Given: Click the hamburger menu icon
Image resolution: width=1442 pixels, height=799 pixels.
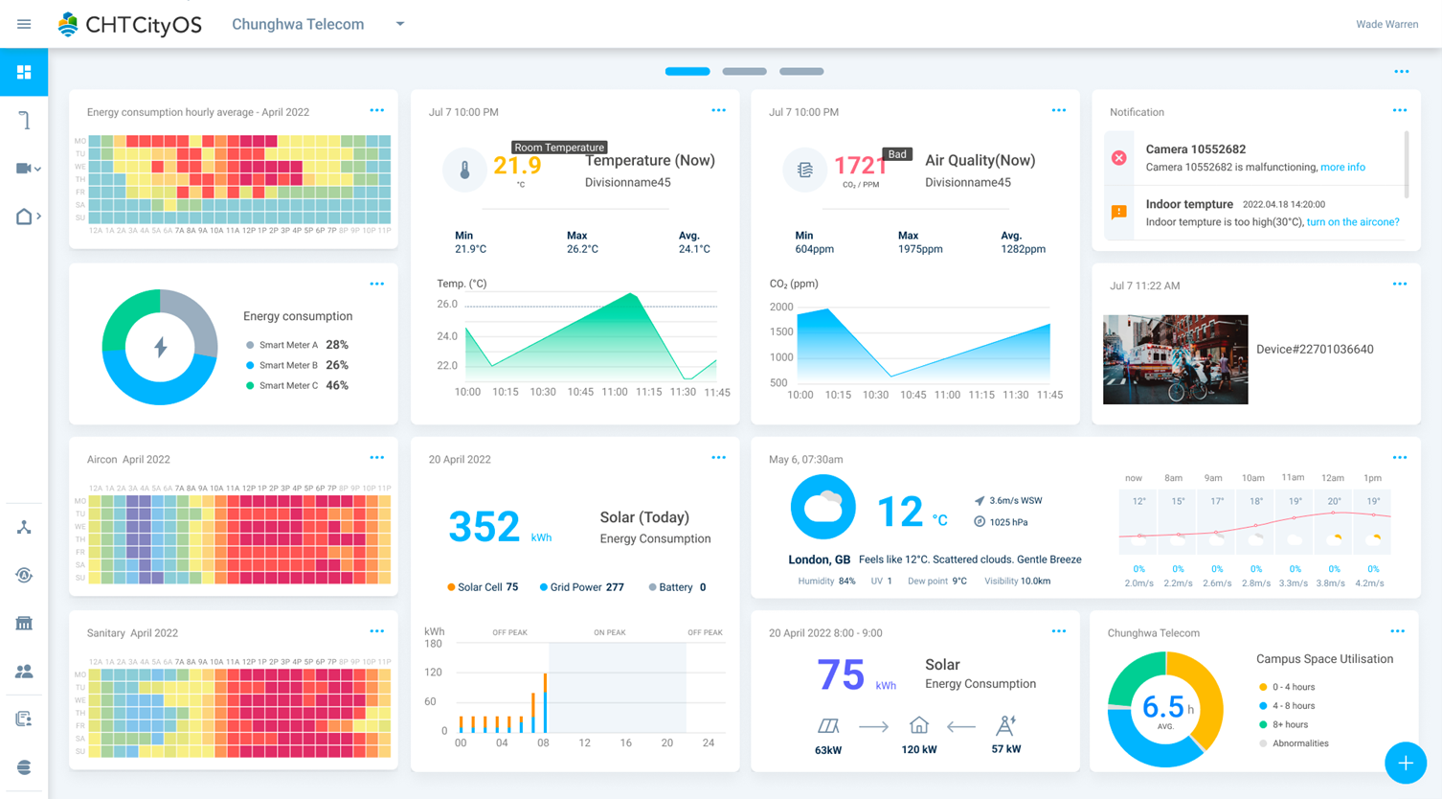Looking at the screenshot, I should [24, 24].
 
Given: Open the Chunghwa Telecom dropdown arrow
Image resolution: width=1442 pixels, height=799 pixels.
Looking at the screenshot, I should [400, 24].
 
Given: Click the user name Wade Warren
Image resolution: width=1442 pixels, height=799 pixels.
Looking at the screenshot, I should [1386, 24].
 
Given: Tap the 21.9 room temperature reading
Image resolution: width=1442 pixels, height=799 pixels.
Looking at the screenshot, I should [517, 166].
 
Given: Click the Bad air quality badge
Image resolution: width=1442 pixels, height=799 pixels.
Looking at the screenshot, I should [897, 154].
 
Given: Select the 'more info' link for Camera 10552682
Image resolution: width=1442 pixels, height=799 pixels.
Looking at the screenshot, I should [1342, 168].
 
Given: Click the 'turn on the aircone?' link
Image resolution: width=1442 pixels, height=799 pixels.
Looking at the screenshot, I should [1352, 222].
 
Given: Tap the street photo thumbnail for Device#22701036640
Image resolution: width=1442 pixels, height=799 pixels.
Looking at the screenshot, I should [1175, 359].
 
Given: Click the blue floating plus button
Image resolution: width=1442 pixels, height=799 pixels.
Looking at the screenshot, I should [1405, 763].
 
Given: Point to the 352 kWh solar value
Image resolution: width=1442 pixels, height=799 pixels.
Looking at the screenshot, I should [484, 526].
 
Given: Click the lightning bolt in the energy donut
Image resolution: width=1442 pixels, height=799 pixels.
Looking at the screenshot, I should [160, 347].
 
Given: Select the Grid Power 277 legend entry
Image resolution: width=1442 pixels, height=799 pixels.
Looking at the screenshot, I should [582, 587].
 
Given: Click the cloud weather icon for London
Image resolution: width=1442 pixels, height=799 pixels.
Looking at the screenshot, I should [822, 507].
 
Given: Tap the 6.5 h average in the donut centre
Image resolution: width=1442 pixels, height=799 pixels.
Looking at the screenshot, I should [1164, 708].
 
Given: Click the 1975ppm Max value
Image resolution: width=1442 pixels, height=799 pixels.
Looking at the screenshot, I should [919, 249].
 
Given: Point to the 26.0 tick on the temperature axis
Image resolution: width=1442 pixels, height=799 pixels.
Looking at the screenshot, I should [447, 305].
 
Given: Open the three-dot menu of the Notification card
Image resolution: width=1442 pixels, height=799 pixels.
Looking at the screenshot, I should [1399, 111].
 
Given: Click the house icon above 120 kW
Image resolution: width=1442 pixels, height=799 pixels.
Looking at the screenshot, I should [918, 725].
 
